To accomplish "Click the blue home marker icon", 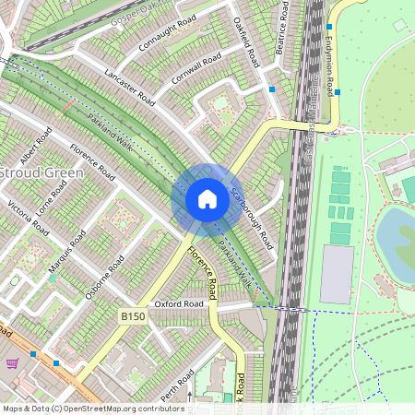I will tap(207, 199).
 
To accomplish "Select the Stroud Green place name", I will tap(42, 172).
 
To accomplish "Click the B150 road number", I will tap(132, 315).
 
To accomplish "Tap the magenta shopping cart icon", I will tap(12, 363).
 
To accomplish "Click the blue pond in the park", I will tap(396, 234).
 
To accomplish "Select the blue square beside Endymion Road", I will tap(338, 92).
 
